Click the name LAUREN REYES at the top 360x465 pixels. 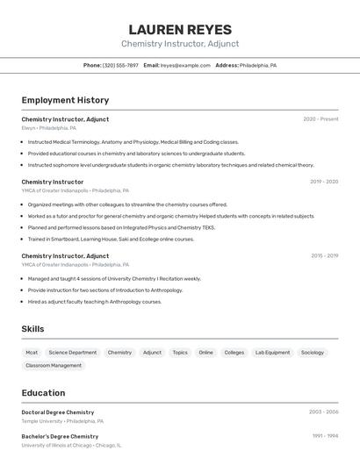tap(180, 29)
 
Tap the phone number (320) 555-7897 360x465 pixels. tap(120, 65)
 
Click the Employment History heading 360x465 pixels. tap(65, 100)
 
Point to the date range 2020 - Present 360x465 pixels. tap(320, 119)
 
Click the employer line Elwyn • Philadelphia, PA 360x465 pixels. tap(49, 128)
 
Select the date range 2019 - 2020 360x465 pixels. tap(324, 182)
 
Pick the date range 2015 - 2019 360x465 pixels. tap(324, 255)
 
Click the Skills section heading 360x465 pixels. tap(33, 329)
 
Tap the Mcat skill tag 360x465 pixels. tap(32, 353)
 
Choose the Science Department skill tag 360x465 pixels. tap(73, 353)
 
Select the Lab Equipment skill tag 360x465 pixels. tap(272, 353)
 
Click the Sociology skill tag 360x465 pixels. tap(313, 353)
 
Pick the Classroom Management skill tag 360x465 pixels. tap(54, 366)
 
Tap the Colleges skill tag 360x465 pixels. tap(234, 353)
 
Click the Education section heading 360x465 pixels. tap(43, 393)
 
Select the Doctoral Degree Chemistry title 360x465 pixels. tap(58, 412)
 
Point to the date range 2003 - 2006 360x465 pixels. tap(323, 411)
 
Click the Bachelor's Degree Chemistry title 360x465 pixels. tap(60, 436)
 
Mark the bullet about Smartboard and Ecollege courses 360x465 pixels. tap(111, 239)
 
